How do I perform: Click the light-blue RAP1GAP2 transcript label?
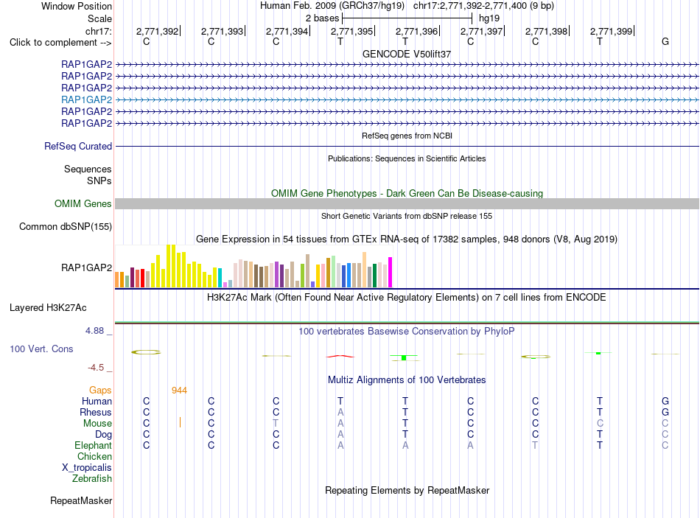87,99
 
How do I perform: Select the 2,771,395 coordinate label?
351,31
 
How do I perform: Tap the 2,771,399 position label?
611,31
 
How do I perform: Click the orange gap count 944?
179,391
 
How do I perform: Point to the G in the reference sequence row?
665,41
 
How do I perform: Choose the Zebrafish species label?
92,479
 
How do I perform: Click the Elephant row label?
94,445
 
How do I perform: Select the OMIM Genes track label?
83,203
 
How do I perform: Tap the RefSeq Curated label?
78,146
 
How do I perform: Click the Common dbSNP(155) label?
66,226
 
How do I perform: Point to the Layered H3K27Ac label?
48,308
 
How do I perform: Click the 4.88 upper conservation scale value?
94,331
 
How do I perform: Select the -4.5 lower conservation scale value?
96,368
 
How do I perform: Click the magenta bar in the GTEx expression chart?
391,273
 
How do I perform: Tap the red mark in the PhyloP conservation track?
340,357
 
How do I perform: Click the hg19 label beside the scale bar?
489,18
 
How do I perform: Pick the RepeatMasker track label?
81,500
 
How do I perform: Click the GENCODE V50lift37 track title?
407,54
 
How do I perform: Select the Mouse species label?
97,424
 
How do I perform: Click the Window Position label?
77,6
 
